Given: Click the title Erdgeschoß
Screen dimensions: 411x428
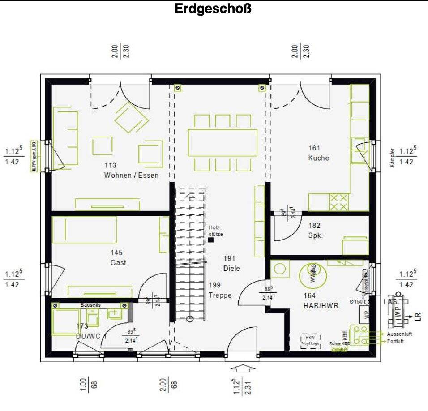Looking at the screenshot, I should [x=213, y=9].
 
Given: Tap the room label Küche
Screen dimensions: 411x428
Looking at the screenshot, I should [x=318, y=158].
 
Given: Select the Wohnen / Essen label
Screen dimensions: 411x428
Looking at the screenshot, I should [x=131, y=175].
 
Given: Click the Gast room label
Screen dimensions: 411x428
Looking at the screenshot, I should [x=118, y=263].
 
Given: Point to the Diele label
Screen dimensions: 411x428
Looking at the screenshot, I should [x=231, y=269].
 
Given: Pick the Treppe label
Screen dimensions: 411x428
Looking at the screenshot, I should [x=220, y=295].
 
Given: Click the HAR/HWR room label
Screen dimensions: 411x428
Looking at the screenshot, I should [x=321, y=306].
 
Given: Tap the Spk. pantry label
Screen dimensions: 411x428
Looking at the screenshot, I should [x=316, y=235].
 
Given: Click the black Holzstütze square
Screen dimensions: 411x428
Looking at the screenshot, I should [x=211, y=240].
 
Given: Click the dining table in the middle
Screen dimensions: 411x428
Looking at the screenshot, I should [x=223, y=142].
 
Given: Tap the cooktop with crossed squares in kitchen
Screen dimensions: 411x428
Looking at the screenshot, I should [x=339, y=202].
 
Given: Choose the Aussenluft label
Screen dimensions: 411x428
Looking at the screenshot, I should [x=400, y=334].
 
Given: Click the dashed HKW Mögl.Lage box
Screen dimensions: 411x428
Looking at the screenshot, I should [x=310, y=340].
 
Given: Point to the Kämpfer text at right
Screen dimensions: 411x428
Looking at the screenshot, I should [x=392, y=158].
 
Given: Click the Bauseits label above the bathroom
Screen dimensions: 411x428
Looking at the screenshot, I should [x=91, y=304].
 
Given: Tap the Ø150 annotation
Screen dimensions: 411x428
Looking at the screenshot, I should [x=355, y=301].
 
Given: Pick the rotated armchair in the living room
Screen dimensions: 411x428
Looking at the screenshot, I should [x=131, y=117].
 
